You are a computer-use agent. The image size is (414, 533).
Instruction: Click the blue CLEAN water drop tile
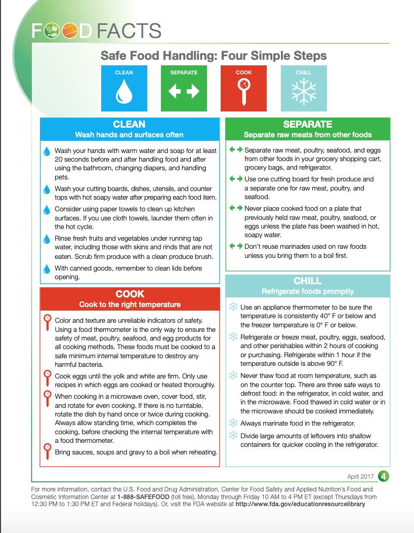[x=123, y=88]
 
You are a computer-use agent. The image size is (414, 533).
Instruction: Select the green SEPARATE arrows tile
[x=184, y=88]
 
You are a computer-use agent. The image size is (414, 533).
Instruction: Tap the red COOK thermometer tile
[x=243, y=88]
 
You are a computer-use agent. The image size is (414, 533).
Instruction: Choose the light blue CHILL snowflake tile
[x=304, y=88]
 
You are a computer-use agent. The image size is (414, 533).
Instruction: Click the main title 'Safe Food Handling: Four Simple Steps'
[x=214, y=55]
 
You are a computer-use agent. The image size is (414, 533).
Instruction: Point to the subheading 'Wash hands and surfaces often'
[x=129, y=135]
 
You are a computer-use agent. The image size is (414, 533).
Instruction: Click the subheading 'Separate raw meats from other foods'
[x=308, y=135]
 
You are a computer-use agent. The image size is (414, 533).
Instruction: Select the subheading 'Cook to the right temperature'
[x=130, y=304]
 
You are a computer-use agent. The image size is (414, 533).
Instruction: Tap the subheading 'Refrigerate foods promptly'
[x=308, y=291]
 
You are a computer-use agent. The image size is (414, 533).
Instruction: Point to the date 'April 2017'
[x=360, y=477]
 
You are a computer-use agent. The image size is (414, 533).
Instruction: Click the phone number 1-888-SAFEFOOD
[x=142, y=497]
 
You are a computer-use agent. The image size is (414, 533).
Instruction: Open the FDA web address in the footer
[x=300, y=505]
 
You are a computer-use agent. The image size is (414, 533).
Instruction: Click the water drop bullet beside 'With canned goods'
[x=47, y=269]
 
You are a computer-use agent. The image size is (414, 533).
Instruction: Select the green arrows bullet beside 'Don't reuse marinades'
[x=236, y=246]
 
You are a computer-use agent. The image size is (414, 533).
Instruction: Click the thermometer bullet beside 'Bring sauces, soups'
[x=47, y=451]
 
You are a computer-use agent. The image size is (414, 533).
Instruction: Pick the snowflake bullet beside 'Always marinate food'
[x=233, y=423]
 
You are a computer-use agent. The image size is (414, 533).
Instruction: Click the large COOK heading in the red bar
[x=130, y=294]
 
